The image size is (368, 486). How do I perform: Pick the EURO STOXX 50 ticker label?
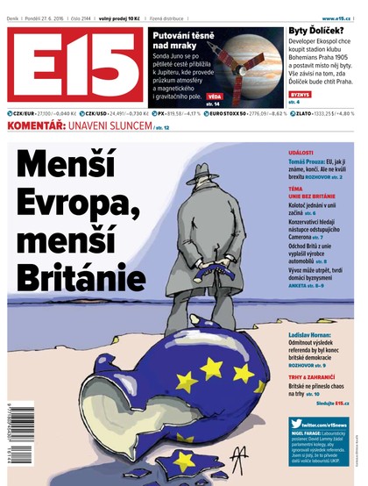225,114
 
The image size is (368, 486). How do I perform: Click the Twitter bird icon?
297,425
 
